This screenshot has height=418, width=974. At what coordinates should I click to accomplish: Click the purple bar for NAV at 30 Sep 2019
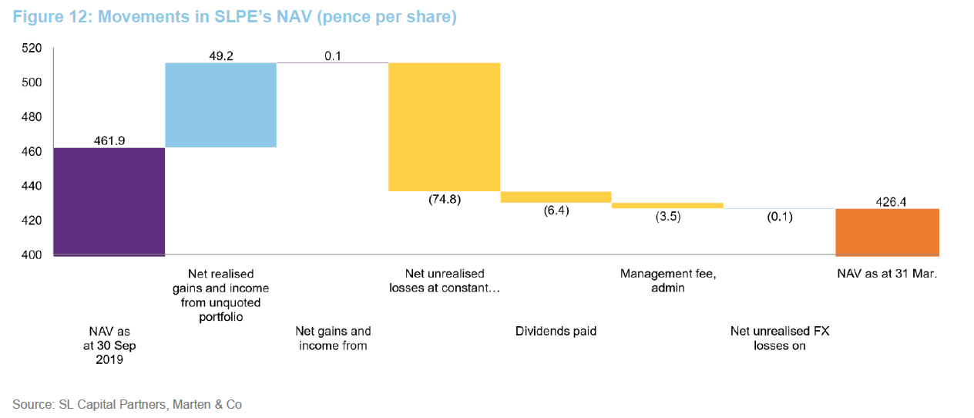tap(109, 201)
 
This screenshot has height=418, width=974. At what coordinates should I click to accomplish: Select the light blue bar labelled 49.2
tap(220, 105)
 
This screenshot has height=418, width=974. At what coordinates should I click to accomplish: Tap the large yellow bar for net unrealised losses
tap(444, 126)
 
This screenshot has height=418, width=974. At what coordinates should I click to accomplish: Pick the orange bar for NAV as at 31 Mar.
tap(887, 231)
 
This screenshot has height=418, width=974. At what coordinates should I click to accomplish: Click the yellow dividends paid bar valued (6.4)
tap(556, 197)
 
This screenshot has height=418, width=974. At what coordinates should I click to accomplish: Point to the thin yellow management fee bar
tap(667, 206)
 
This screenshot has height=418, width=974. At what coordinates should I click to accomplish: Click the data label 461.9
tap(109, 140)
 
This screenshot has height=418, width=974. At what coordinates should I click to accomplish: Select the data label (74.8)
tap(444, 199)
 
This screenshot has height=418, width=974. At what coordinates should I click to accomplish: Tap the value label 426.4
tap(887, 201)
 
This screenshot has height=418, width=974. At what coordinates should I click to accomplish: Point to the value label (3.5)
tap(667, 217)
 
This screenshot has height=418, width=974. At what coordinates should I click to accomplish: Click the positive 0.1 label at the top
tap(332, 55)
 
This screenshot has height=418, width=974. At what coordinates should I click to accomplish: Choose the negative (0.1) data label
tap(779, 217)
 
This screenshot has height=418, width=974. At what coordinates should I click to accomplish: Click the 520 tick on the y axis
tap(31, 48)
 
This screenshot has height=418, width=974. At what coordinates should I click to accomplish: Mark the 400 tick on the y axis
tap(31, 255)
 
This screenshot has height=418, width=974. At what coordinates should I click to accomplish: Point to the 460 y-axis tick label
tap(31, 152)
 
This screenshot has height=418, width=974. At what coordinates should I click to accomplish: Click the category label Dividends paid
tap(556, 332)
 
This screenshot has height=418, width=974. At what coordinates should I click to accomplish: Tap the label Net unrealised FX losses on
tap(779, 339)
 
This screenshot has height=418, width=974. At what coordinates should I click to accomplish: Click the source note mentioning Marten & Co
tap(127, 404)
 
